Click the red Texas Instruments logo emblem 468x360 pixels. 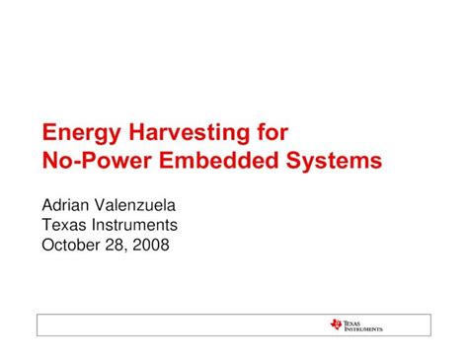tap(338, 324)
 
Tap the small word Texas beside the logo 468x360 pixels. tap(354, 322)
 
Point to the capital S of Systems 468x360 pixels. tap(301, 160)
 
